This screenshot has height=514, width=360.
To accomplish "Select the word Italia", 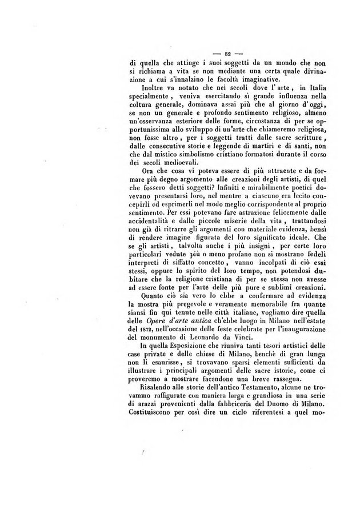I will coord(290,87).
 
